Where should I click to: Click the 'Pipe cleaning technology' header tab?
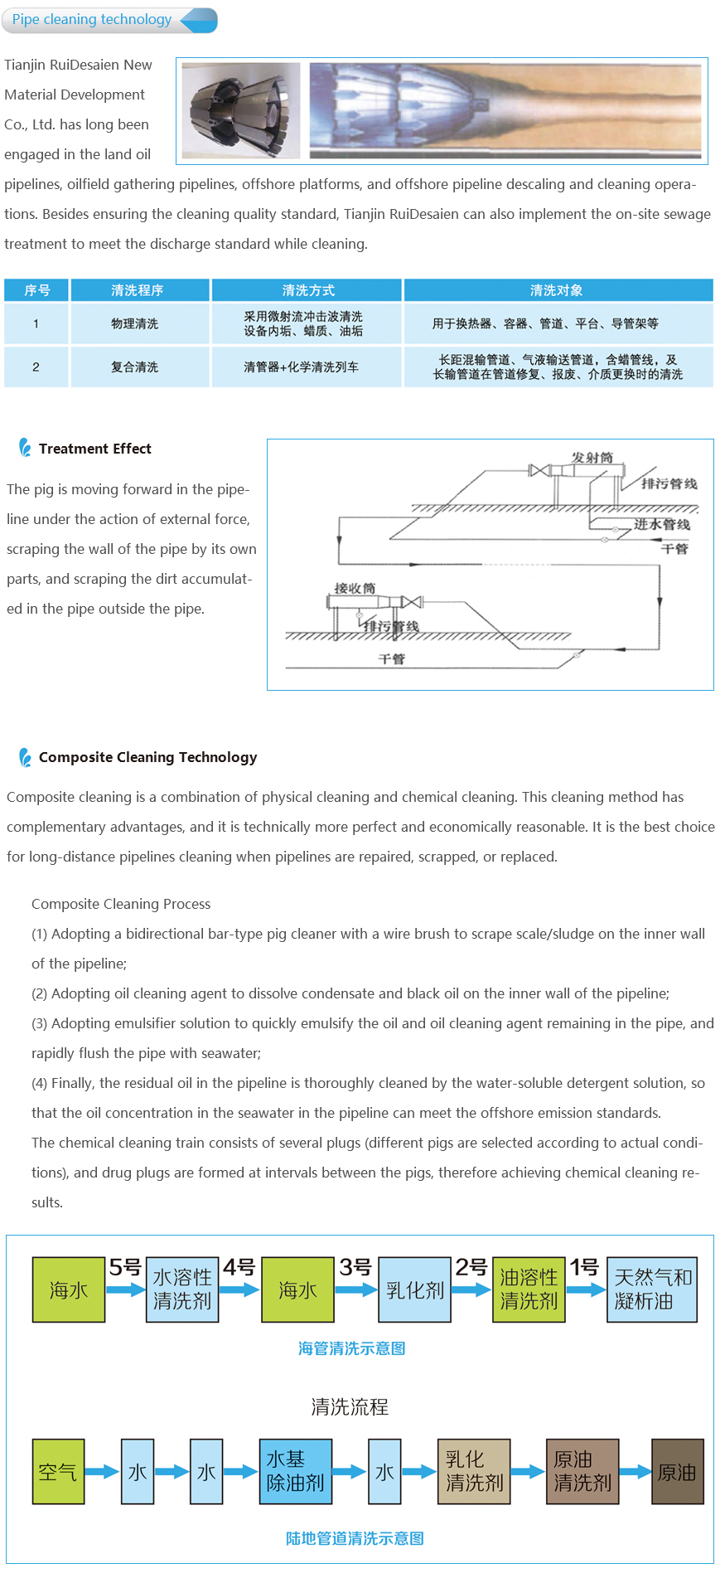point(92,20)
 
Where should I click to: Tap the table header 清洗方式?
point(307,290)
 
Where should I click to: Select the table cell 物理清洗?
point(134,323)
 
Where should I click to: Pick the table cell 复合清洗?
point(134,367)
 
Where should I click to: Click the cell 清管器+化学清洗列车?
point(301,367)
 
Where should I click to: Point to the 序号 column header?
point(36,290)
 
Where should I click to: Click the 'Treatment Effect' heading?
point(94,449)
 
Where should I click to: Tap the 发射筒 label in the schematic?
point(592,458)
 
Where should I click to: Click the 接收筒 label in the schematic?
point(355,588)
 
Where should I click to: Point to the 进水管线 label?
point(661,524)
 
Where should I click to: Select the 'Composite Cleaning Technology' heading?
point(147,757)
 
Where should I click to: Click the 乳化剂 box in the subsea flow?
point(414,1289)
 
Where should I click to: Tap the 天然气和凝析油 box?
point(652,1289)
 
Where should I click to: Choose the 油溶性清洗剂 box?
point(529,1289)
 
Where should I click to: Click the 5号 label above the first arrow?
point(125,1267)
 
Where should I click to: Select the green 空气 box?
point(58,1472)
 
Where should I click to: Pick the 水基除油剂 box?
point(295,1471)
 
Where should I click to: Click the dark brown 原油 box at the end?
point(677,1472)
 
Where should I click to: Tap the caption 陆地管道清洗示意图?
point(355,1538)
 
